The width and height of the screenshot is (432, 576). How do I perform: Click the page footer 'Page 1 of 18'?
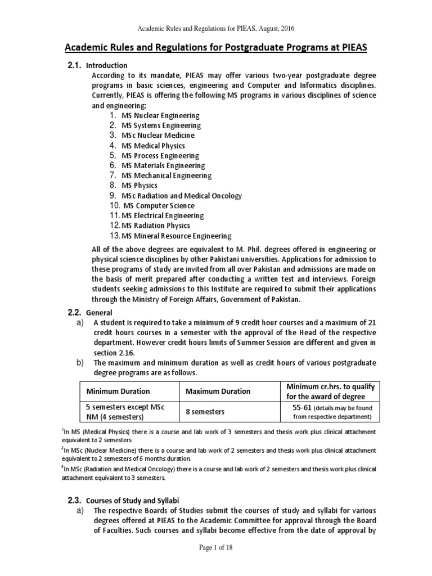pyautogui.click(x=215, y=564)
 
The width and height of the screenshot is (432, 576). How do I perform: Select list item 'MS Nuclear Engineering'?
pyautogui.click(x=161, y=115)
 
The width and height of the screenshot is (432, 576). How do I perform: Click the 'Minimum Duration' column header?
pyautogui.click(x=118, y=391)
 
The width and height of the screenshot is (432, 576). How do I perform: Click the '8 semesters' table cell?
pyautogui.click(x=205, y=412)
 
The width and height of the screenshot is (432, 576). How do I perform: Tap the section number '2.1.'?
pyautogui.click(x=74, y=65)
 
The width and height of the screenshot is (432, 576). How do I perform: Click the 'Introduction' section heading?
pyautogui.click(x=106, y=66)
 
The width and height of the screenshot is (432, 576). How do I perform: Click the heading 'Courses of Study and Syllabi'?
pyautogui.click(x=133, y=500)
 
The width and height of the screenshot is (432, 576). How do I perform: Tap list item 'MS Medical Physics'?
pyautogui.click(x=153, y=146)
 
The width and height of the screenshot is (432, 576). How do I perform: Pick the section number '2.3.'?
pyautogui.click(x=74, y=500)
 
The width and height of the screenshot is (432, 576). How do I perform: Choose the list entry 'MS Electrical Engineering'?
pyautogui.click(x=163, y=216)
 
